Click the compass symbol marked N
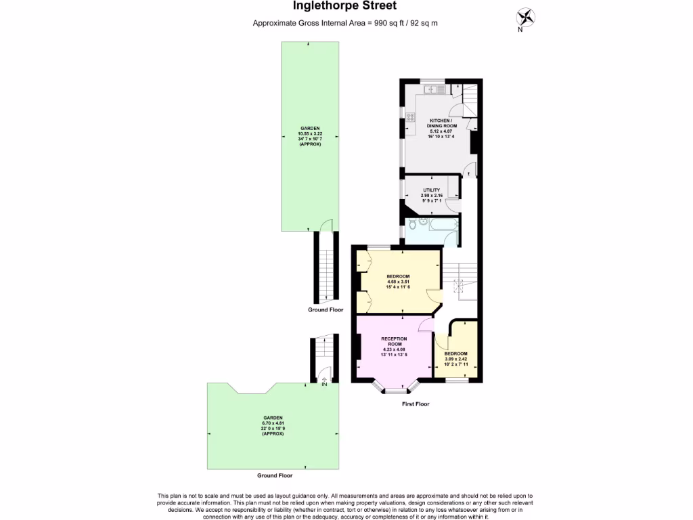525,16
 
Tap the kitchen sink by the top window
430,89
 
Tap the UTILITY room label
432,190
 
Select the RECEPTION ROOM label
394,341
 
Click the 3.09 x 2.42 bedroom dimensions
455,359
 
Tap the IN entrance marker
324,384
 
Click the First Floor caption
415,404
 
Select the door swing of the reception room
426,326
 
